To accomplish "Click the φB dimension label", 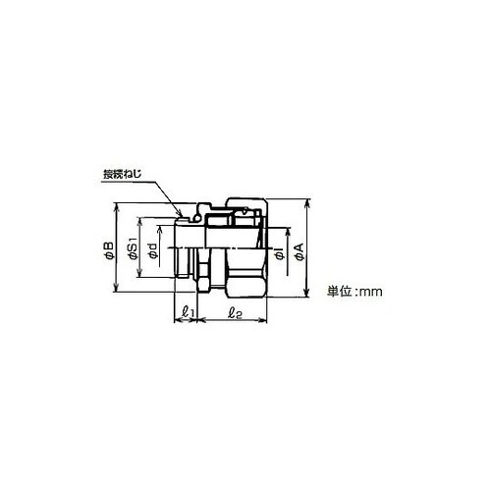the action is coord(109,251).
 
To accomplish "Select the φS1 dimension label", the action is coord(134,251).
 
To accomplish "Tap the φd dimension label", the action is coord(152,251).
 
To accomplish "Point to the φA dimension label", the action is coord(300,251).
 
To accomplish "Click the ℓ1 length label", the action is coord(189,312).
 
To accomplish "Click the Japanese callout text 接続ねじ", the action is coord(123,174).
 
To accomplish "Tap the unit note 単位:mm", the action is coord(355,292).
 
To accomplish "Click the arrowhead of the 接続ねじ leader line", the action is coord(180,213).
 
